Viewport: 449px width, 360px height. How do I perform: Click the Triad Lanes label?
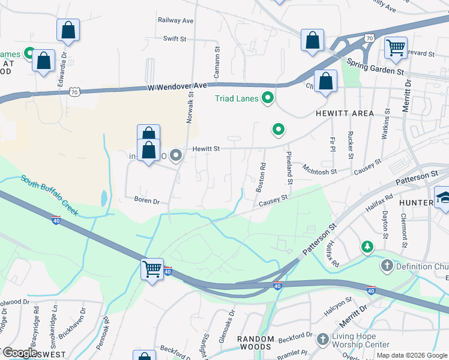(x=237, y=98)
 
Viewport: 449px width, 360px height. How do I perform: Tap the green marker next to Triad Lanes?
(x=268, y=98)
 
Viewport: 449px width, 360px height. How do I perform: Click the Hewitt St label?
(x=206, y=148)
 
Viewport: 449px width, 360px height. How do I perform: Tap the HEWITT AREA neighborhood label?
(x=343, y=113)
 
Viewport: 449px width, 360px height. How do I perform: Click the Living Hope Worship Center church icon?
(x=323, y=340)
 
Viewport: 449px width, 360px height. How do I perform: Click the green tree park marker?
(x=366, y=247)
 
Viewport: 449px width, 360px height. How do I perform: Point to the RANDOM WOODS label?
(x=256, y=339)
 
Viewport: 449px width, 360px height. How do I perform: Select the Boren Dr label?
(x=147, y=201)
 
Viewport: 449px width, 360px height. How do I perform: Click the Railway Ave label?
(x=175, y=20)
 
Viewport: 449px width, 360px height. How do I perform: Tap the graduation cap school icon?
(x=444, y=197)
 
